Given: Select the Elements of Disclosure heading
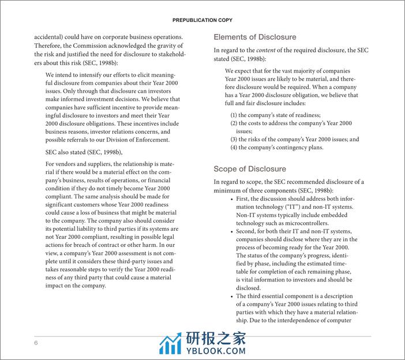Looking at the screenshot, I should pos(255,37).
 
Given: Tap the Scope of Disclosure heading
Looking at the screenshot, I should pos(250,169).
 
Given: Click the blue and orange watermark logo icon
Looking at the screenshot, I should pos(170,344).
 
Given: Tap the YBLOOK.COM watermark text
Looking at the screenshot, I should pos(216,350).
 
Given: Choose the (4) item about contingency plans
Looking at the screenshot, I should pos(277,148).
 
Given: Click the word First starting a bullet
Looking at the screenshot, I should pos(245,199).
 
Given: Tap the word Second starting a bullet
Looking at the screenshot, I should pos(249,231).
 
